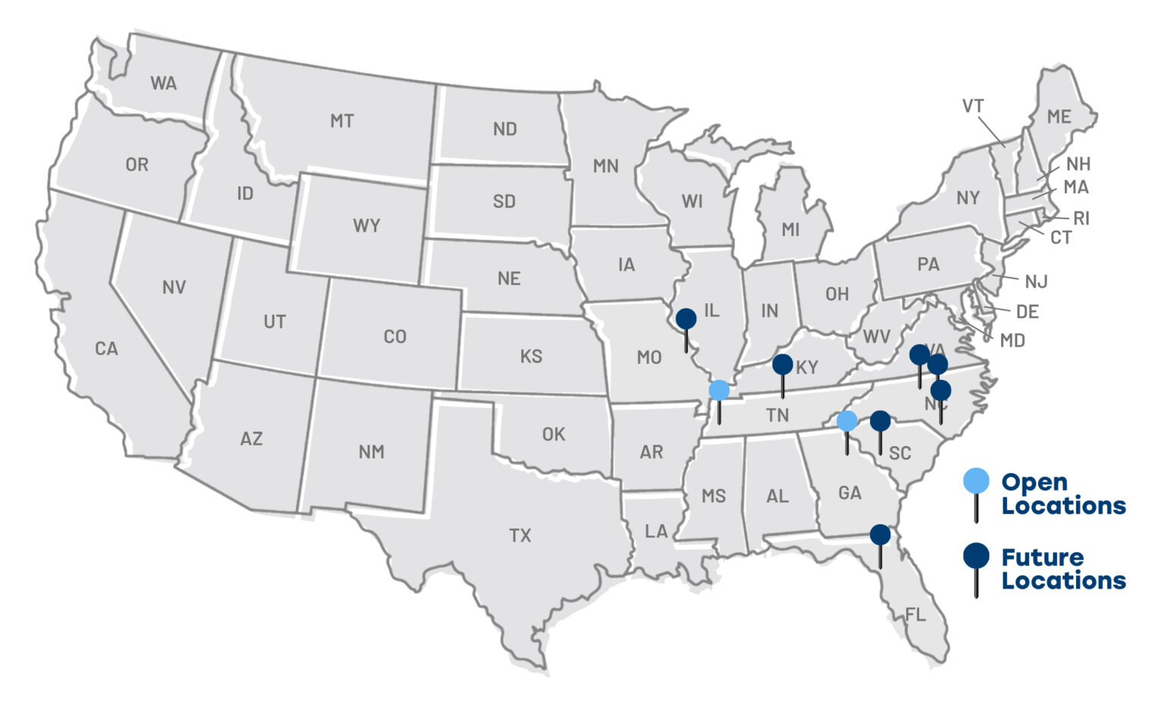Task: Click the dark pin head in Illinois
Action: click(686, 319)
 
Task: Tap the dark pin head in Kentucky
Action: click(782, 364)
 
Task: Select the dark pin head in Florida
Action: click(880, 535)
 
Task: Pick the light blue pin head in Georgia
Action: click(846, 420)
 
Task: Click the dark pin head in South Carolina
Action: click(880, 420)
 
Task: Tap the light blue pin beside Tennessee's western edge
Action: click(718, 391)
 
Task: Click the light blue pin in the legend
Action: click(976, 480)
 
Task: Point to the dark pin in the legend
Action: click(975, 555)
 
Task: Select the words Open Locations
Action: click(1063, 494)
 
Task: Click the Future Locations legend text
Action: click(1063, 569)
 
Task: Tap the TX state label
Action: click(520, 535)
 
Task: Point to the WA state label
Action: click(164, 83)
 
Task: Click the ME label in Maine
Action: click(1059, 117)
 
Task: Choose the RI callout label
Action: click(1082, 218)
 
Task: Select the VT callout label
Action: click(973, 106)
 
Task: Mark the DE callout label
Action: click(1027, 312)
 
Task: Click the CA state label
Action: click(106, 348)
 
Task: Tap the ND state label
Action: click(504, 129)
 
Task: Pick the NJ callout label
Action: click(1036, 281)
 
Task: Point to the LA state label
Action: click(656, 531)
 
